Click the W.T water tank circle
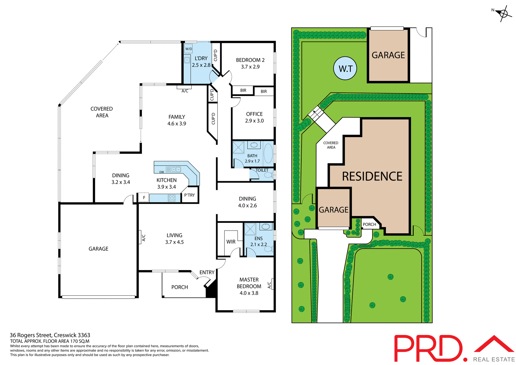pyautogui.click(x=345, y=68)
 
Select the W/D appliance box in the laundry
pyautogui.click(x=188, y=49)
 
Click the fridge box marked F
pyautogui.click(x=144, y=198)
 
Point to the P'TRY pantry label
pyautogui.click(x=189, y=195)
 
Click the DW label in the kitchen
pyautogui.click(x=162, y=172)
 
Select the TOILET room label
pyautogui.click(x=262, y=170)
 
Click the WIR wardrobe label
pyautogui.click(x=231, y=242)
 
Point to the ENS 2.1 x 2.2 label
pyautogui.click(x=259, y=241)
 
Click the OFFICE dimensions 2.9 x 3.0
pyautogui.click(x=254, y=121)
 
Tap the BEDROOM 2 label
pyautogui.click(x=250, y=60)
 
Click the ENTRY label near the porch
pyautogui.click(x=207, y=272)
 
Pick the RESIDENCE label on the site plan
pyautogui.click(x=372, y=177)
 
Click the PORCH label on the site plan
pyautogui.click(x=369, y=224)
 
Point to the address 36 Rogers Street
pyautogui.click(x=50, y=335)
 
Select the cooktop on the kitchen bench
pyautogui.click(x=171, y=198)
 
